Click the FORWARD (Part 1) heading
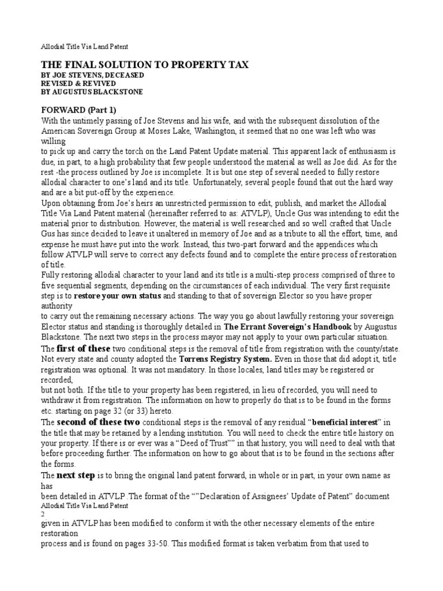[x=80, y=110]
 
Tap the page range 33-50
[x=156, y=543]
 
